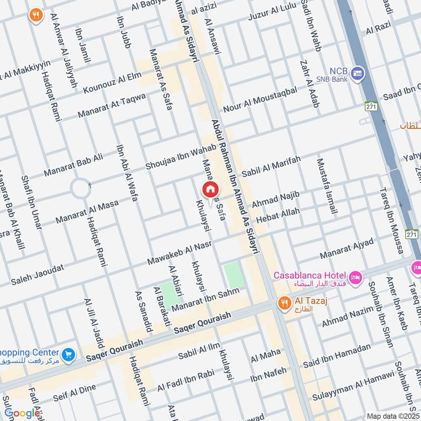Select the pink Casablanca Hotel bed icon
(356, 277)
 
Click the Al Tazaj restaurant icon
(284, 303)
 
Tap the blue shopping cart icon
(67, 355)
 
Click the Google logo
(22, 413)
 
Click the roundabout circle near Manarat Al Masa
(80, 188)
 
